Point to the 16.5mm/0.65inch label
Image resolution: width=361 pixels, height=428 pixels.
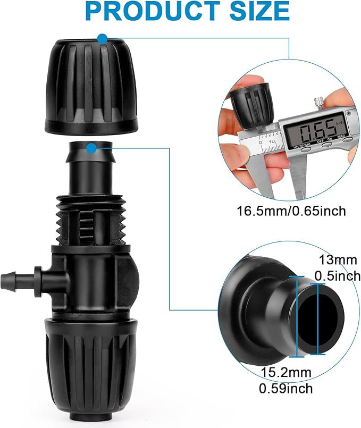pos(291,211)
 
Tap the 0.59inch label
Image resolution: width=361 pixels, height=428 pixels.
pos(286,388)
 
